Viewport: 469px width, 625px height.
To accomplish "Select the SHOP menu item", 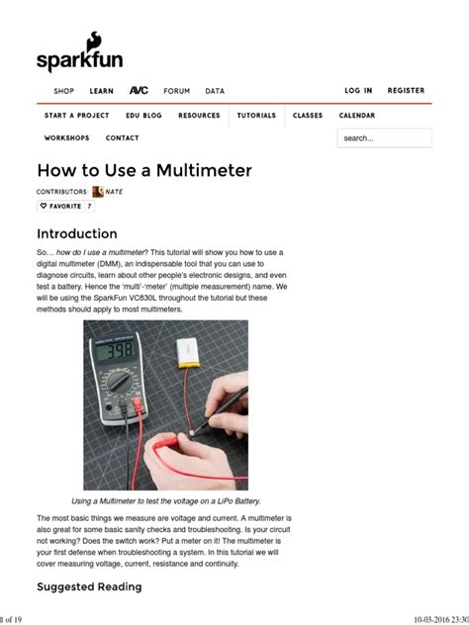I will coord(63,91).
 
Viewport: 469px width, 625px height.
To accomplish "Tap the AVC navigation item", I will coord(139,91).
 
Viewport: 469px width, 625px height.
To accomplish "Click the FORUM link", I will coord(176,91).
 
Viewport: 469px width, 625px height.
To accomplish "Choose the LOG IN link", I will coord(358,91).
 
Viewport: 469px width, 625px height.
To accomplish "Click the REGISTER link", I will coord(406,91).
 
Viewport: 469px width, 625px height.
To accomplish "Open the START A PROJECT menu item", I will coord(76,116).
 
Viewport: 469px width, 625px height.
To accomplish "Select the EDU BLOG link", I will coord(143,116).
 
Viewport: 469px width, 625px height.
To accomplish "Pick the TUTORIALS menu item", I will coord(256,116).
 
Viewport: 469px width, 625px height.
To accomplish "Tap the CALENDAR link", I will coord(357,116).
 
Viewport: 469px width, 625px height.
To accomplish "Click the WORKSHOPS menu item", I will coord(66,138).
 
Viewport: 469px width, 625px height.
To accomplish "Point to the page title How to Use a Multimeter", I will coord(144,171).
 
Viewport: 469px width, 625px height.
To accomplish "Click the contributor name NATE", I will coord(114,192).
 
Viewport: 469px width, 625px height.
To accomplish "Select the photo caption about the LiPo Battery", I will coord(165,501).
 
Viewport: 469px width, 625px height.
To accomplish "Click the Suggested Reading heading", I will coord(89,586).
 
